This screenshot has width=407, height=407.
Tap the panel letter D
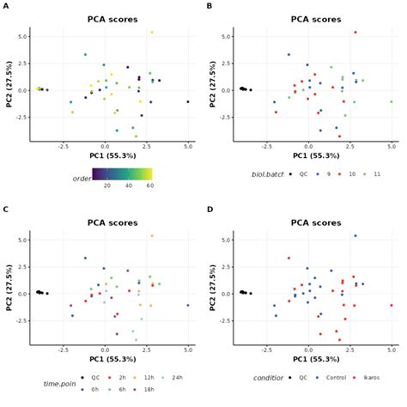[210, 208]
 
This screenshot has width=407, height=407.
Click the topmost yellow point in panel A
[152, 33]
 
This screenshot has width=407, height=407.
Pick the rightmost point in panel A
[188, 101]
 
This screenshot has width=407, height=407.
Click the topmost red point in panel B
[355, 33]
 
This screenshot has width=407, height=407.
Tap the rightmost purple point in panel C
[188, 305]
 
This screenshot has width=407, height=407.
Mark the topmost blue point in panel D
[355, 235]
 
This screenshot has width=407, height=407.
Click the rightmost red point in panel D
[392, 305]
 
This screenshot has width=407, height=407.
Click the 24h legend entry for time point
[176, 377]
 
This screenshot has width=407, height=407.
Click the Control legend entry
[331, 377]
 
